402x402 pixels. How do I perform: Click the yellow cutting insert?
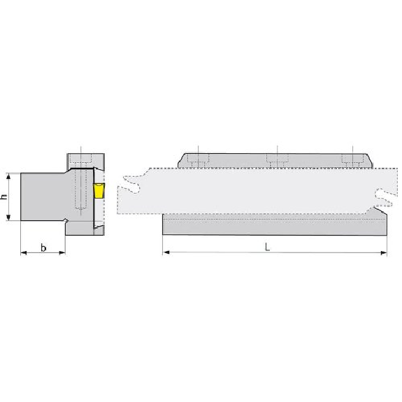[x=99, y=191]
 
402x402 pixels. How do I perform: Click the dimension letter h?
[x=4, y=196]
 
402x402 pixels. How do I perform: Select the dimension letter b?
[x=43, y=248]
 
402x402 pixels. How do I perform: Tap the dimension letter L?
[x=267, y=247]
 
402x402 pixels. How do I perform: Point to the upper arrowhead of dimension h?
[x=8, y=176]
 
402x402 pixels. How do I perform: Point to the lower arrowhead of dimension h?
[x=8, y=217]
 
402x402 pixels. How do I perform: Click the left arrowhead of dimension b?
[x=24, y=253]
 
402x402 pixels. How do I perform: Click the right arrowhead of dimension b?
[x=62, y=253]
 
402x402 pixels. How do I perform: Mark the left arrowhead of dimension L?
[x=166, y=252]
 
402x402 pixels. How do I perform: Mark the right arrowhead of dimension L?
[x=384, y=253]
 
